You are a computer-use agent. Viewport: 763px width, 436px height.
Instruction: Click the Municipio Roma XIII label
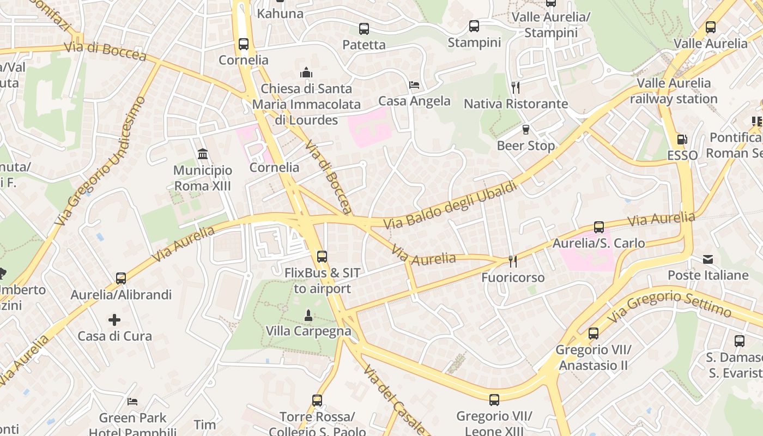pos(202,178)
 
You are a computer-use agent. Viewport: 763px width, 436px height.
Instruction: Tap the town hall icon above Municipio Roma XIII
pos(203,154)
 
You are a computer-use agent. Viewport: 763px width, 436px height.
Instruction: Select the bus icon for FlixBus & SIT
pos(322,256)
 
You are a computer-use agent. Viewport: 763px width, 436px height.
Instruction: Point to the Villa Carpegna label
pos(308,331)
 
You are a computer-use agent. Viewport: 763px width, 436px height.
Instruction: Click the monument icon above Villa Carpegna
pos(308,315)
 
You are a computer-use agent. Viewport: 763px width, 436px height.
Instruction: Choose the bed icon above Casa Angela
pos(414,85)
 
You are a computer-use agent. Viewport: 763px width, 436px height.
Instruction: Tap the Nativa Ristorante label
pos(516,104)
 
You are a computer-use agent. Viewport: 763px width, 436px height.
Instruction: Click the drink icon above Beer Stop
pos(526,129)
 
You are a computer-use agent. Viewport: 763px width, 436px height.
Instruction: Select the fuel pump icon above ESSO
pos(682,140)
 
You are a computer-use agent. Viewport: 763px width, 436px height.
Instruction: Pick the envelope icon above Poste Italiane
pos(708,259)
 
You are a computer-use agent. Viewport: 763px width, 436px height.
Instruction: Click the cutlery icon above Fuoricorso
pos(512,262)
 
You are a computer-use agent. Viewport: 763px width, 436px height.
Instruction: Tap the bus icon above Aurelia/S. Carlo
pos(599,227)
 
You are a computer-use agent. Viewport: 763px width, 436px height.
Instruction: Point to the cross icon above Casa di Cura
pos(114,319)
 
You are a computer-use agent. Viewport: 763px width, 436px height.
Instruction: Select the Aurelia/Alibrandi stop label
pos(121,295)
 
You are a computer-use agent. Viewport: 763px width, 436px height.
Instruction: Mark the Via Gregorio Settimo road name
pos(671,305)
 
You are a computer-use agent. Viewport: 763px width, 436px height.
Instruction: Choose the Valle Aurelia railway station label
pos(674,91)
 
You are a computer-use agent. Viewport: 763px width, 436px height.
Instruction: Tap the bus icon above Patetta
pos(364,29)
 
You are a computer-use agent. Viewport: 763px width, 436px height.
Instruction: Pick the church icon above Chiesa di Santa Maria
pos(306,72)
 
